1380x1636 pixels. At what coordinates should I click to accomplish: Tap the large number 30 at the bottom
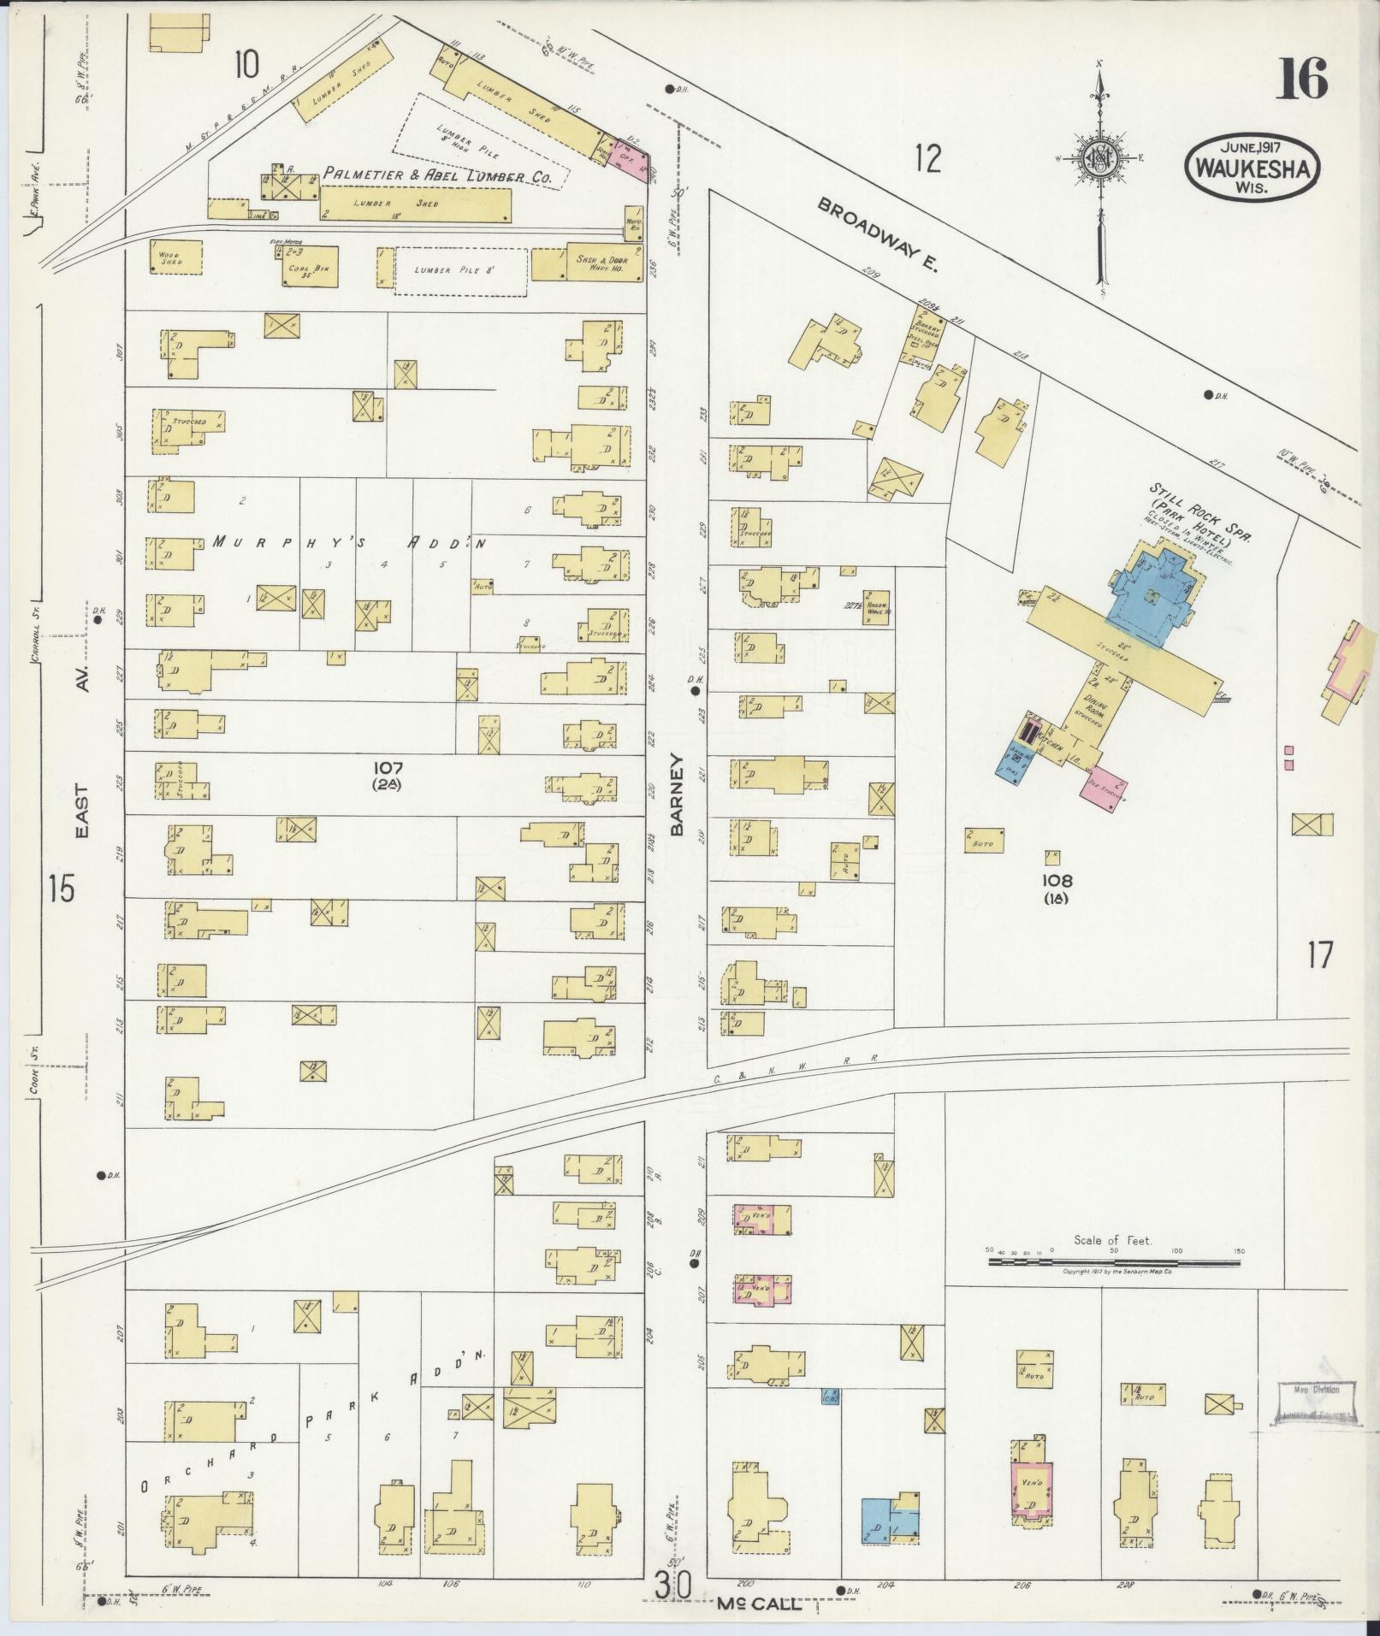click(674, 1585)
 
